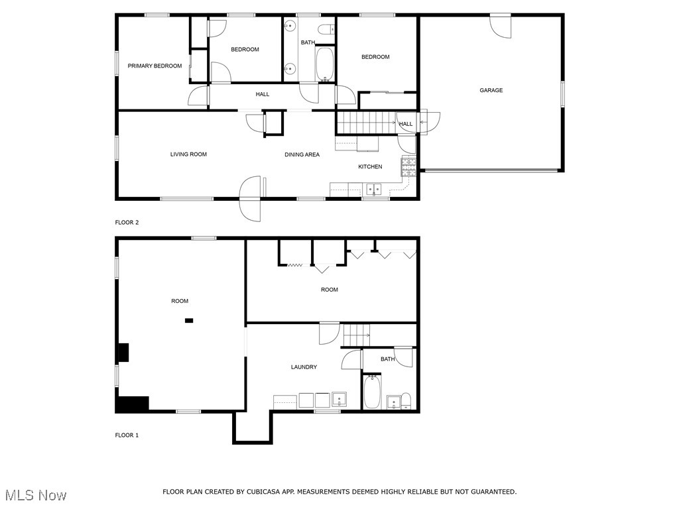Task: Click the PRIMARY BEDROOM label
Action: (x=154, y=66)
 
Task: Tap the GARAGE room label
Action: (x=491, y=90)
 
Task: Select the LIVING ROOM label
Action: (x=188, y=154)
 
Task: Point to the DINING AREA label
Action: (x=302, y=154)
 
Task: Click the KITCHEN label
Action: (x=370, y=166)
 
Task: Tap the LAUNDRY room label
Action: (x=304, y=367)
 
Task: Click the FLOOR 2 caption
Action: (x=127, y=223)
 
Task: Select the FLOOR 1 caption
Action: (x=127, y=435)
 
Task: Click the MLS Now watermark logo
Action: (x=36, y=495)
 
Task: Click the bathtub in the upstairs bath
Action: (x=325, y=64)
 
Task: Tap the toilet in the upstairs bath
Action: (x=326, y=29)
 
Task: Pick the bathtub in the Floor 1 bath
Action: (x=371, y=392)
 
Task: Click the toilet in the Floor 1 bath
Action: (x=405, y=400)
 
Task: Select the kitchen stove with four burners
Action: (x=408, y=166)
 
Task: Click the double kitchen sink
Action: (x=375, y=189)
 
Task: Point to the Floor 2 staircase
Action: (x=367, y=123)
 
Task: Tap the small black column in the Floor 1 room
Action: (x=189, y=321)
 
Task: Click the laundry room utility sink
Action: (x=339, y=400)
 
